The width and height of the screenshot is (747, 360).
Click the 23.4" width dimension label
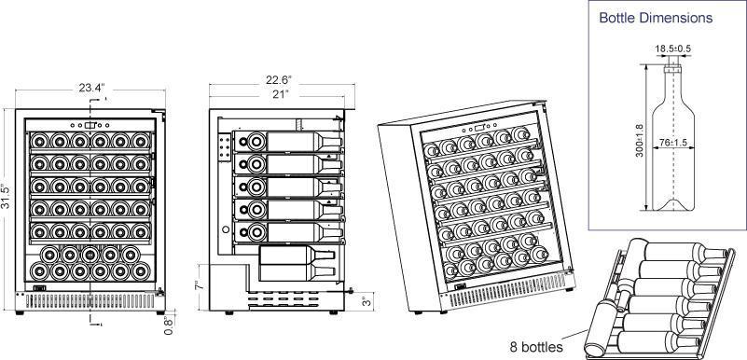click(90, 88)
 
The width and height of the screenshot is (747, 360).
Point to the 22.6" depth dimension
click(278, 79)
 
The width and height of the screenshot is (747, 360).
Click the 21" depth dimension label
click(278, 94)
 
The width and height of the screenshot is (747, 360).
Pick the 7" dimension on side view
click(198, 284)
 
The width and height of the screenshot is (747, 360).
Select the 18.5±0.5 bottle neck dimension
click(672, 48)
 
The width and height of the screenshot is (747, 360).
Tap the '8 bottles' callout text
click(535, 347)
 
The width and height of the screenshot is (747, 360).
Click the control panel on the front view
click(90, 123)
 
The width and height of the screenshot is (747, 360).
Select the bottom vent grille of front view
click(90, 299)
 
